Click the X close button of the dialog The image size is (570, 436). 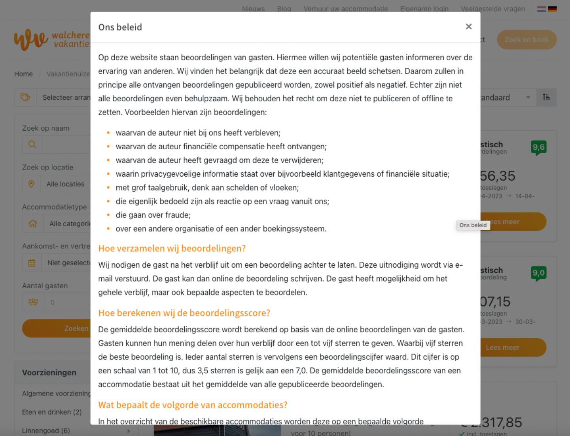[469, 27]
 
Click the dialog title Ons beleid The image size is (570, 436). [120, 27]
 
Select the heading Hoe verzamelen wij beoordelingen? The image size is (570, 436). [172, 248]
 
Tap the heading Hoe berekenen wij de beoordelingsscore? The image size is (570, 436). [184, 313]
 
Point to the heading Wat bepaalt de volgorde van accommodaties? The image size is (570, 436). [193, 405]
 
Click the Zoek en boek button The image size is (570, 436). [526, 40]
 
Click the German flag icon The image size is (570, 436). [552, 9]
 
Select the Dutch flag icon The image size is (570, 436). [541, 9]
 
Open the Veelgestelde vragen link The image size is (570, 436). [493, 9]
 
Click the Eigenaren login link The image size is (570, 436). [424, 9]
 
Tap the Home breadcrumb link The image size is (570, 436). [23, 74]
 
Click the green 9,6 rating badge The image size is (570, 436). [538, 147]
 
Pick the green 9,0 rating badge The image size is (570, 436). [538, 273]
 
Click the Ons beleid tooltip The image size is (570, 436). [473, 225]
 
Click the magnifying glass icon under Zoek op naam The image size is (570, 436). [32, 145]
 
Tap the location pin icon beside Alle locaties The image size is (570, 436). [31, 184]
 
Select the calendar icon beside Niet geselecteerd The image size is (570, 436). [32, 263]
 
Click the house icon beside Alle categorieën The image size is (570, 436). [33, 224]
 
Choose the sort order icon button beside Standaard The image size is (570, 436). [546, 97]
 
